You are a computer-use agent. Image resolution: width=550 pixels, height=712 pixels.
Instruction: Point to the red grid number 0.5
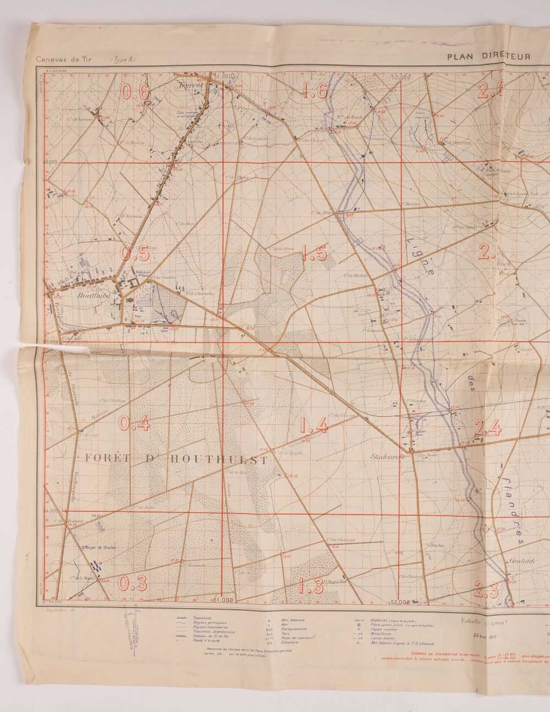pyautogui.click(x=135, y=253)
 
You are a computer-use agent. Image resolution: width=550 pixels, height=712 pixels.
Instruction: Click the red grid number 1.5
pyautogui.click(x=315, y=254)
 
